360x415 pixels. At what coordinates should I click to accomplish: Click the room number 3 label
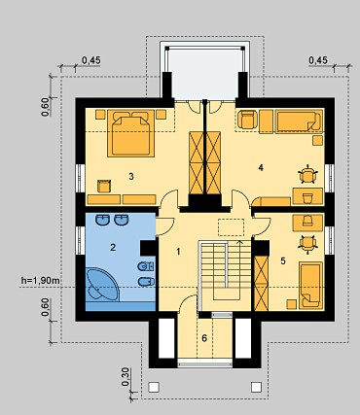(x=129, y=176)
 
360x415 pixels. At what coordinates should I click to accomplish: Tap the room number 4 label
(x=261, y=167)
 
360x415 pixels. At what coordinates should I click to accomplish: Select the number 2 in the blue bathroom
(x=113, y=248)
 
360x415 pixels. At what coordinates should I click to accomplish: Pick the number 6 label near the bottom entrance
(x=204, y=337)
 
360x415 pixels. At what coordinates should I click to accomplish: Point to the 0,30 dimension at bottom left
(x=127, y=376)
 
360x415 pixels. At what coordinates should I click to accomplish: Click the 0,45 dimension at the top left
(x=91, y=61)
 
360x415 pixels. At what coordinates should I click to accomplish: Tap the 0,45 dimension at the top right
(x=317, y=61)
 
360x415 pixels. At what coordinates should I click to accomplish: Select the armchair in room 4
(x=246, y=121)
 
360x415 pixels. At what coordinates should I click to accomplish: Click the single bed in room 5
(x=311, y=283)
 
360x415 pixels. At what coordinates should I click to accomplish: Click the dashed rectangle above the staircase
(x=231, y=226)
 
